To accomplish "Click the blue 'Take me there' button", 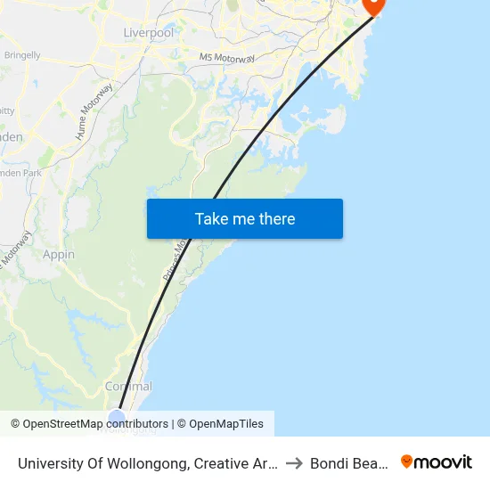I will pyautogui.click(x=244, y=219).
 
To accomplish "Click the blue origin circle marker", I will pyautogui.click(x=117, y=419).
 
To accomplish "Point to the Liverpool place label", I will pyautogui.click(x=149, y=33).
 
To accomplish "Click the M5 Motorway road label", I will pyautogui.click(x=227, y=58).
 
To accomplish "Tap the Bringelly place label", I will pyautogui.click(x=22, y=55).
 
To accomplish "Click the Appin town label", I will pyautogui.click(x=59, y=255).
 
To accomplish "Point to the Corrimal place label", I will pyautogui.click(x=128, y=387).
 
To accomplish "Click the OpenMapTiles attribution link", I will pyautogui.click(x=226, y=424).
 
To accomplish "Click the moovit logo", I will pyautogui.click(x=437, y=461).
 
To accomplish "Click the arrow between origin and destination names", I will pyautogui.click(x=296, y=462).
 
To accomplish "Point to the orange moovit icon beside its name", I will pyautogui.click(x=407, y=461).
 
